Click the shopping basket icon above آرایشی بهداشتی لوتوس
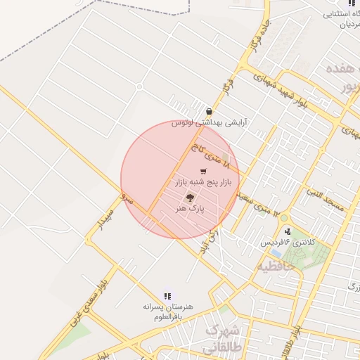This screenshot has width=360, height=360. tap(209, 112)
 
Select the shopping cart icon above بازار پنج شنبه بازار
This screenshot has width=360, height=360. tap(203, 171)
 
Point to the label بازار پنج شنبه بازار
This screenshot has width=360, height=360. tap(202, 183)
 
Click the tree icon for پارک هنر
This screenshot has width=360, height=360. tap(189, 198)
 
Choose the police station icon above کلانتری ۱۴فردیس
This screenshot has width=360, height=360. tap(287, 231)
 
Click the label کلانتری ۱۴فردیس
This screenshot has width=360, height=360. tap(290, 243)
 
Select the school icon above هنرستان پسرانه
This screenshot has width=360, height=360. tap(167, 297)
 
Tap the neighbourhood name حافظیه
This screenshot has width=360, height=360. tap(271, 266)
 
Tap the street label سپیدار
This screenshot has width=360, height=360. tap(107, 219)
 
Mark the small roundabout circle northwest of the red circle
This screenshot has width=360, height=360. tap(139, 87)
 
